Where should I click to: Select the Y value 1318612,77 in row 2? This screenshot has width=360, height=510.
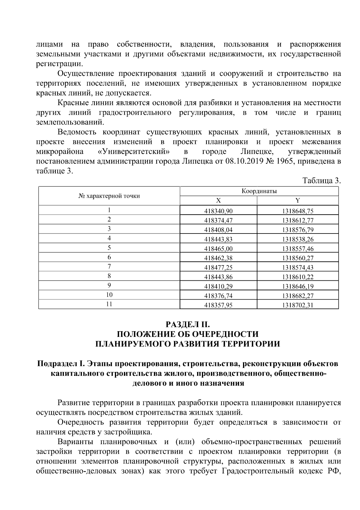pyautogui.click(x=298, y=220)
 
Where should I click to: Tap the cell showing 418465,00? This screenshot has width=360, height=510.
pyautogui.click(x=218, y=249)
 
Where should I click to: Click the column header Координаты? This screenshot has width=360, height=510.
pyautogui.click(x=259, y=191)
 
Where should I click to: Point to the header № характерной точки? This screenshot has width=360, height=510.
pyautogui.click(x=109, y=196)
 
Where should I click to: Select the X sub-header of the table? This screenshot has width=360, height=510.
pyautogui.click(x=218, y=201)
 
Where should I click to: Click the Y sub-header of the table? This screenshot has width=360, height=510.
pyautogui.click(x=298, y=201)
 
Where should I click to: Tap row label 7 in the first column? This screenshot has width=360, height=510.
pyautogui.click(x=109, y=266)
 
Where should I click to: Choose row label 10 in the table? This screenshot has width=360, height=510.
pyautogui.click(x=109, y=295)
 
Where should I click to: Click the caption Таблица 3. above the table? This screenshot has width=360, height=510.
pyautogui.click(x=322, y=181)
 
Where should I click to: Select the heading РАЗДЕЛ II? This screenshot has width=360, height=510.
pyautogui.click(x=187, y=324)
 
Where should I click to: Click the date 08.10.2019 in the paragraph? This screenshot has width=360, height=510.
pyautogui.click(x=243, y=161)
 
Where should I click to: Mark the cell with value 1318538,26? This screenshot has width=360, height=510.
pyautogui.click(x=298, y=239)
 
